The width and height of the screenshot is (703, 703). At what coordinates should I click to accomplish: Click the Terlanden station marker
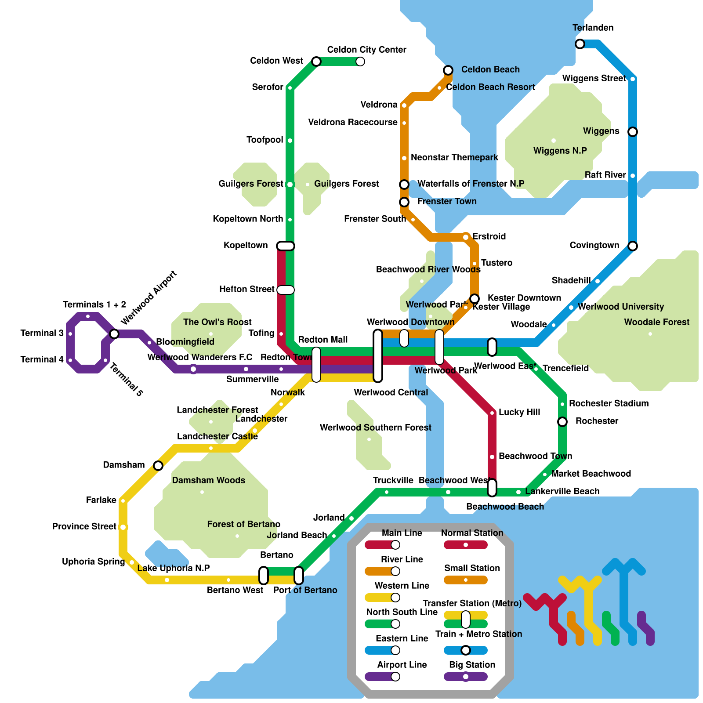point(580,44)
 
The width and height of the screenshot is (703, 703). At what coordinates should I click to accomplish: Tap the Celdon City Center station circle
point(360,62)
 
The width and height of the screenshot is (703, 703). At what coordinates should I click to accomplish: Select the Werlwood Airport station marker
point(114,334)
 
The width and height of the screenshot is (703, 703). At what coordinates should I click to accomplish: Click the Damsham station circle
point(158,466)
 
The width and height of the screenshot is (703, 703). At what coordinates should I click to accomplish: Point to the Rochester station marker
point(562,422)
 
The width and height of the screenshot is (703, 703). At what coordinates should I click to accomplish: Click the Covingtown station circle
point(633,246)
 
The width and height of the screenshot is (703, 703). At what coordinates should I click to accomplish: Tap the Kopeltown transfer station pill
point(286,246)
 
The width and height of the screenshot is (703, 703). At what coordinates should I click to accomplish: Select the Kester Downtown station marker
point(475,299)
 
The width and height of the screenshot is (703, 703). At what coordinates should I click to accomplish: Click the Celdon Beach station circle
point(448,70)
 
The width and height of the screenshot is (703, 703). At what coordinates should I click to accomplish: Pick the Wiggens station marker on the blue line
point(633,132)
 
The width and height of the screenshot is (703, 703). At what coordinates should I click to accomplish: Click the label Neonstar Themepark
point(454,157)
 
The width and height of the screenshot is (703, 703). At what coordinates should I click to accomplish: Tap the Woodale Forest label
point(656,322)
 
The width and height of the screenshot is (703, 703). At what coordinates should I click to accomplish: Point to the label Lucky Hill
point(519,412)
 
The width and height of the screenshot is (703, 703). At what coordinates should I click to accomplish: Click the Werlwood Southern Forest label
point(375,428)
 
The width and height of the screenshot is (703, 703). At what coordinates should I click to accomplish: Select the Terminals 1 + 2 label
point(94,304)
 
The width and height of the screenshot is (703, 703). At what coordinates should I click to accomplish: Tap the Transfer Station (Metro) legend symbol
point(466,620)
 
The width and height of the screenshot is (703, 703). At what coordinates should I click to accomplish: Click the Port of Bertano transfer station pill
point(299,576)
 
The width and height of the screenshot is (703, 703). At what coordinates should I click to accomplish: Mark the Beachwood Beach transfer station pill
point(492,488)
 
